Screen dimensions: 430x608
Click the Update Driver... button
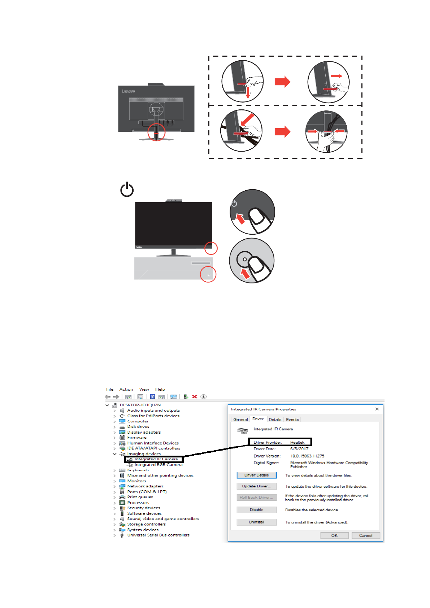256,486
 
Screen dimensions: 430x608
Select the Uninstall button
256,522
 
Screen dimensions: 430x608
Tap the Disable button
256,510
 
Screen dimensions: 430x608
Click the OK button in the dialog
334,535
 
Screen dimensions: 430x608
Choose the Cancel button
366,535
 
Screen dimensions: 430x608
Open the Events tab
292,420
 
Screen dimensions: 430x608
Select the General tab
240,420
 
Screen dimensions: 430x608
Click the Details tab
275,420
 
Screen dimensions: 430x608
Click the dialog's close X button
377,409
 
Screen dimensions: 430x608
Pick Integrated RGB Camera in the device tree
158,465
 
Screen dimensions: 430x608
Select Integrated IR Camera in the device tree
156,459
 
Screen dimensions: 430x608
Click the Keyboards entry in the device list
138,470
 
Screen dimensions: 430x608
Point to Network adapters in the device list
145,486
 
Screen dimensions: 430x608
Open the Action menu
126,389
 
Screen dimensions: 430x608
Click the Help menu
160,389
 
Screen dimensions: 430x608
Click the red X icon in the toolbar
195,396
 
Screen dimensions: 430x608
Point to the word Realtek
297,442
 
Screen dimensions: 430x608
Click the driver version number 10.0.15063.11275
307,456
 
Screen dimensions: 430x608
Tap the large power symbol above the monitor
127,190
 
